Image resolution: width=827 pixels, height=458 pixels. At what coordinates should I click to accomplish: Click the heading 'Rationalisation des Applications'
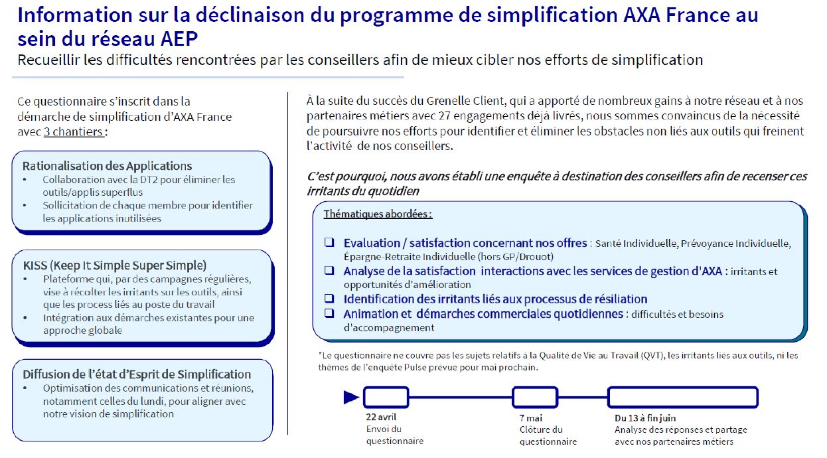coord(107,166)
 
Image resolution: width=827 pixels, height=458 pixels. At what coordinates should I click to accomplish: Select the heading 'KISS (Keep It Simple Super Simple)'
coord(114,266)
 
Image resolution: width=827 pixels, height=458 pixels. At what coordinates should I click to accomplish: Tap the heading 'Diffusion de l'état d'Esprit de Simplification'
coord(137,374)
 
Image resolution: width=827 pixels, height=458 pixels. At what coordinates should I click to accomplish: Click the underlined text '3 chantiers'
coord(74,131)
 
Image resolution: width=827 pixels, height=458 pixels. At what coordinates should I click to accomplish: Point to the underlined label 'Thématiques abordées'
coord(378,214)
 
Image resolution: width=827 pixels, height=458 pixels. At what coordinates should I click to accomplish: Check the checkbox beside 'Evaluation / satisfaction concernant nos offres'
coord(329,243)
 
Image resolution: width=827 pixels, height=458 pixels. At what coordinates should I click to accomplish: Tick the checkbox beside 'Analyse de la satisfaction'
coord(329,271)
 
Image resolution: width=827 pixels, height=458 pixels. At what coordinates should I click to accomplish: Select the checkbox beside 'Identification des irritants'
coord(329,299)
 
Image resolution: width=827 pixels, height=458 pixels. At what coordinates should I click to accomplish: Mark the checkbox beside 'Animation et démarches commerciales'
coord(329,313)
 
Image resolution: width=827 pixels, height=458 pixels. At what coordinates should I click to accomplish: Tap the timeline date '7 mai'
coord(531,418)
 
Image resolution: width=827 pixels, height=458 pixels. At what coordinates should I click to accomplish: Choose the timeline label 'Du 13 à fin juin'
coord(645,418)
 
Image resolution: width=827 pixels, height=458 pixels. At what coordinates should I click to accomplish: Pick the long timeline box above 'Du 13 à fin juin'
coord(683,397)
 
